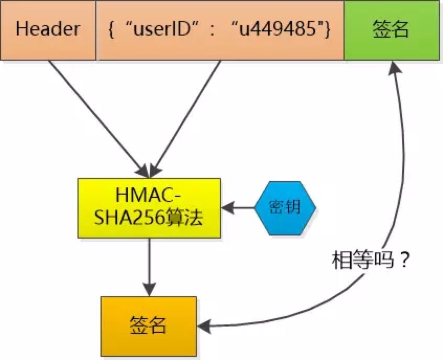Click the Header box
pyautogui.click(x=48, y=30)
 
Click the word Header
pyautogui.click(x=48, y=29)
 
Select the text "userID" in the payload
pyautogui.click(x=162, y=29)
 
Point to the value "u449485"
pyautogui.click(x=277, y=29)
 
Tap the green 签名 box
pyautogui.click(x=392, y=30)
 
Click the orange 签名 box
pyautogui.click(x=149, y=327)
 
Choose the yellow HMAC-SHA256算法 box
pyautogui.click(x=149, y=208)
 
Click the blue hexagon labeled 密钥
pyautogui.click(x=285, y=208)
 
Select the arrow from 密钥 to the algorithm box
pyautogui.click(x=238, y=208)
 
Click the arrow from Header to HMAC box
pyautogui.click(x=98, y=119)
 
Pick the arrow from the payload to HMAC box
pyautogui.click(x=185, y=119)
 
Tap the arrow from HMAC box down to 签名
pyautogui.click(x=149, y=267)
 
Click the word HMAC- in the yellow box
pyautogui.click(x=148, y=195)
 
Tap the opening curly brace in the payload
pyautogui.click(x=111, y=29)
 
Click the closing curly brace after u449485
pyautogui.click(x=328, y=29)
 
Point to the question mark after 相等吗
pyautogui.click(x=405, y=260)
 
